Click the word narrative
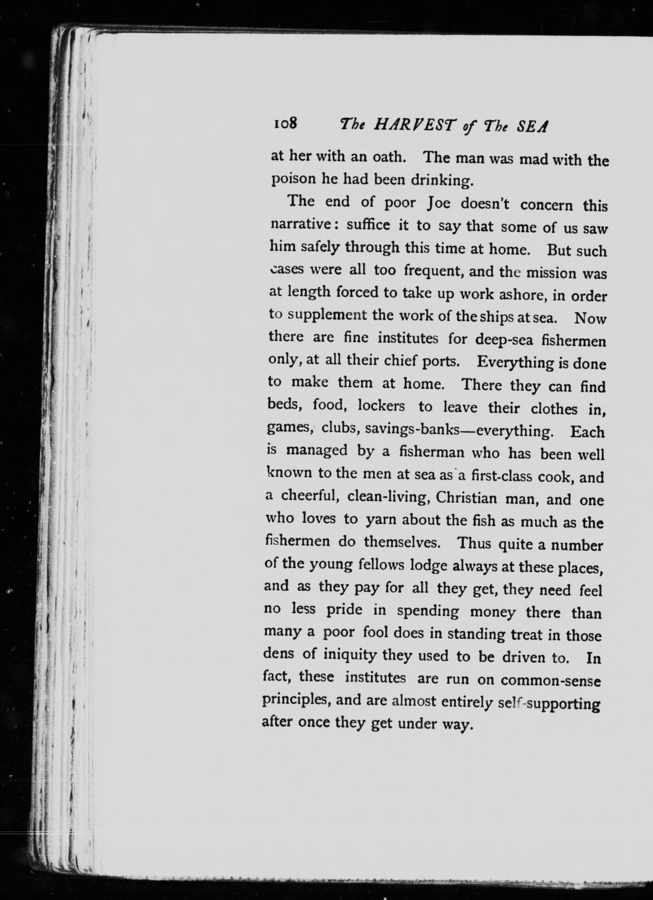coord(303,224)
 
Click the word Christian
coord(466,497)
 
